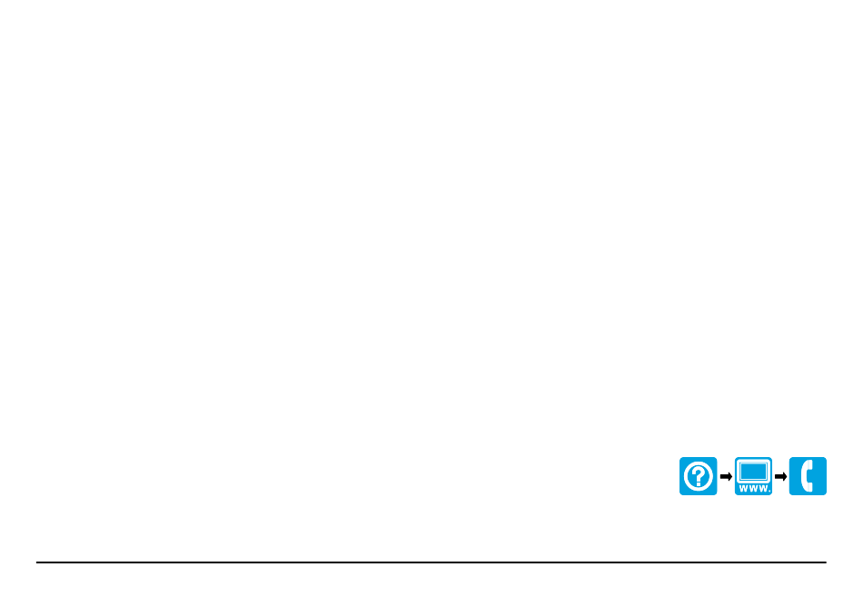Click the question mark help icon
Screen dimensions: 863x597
coord(698,476)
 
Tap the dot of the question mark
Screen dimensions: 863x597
coord(699,484)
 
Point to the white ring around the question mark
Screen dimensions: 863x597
coord(685,476)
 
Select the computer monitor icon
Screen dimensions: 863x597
coord(753,476)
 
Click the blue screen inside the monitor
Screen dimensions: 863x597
coord(753,472)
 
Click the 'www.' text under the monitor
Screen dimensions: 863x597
coord(755,489)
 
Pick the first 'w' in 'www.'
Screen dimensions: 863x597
coord(744,489)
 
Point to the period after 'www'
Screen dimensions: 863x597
coord(769,490)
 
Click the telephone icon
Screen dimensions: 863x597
coord(808,476)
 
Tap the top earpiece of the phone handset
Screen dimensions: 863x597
coord(809,465)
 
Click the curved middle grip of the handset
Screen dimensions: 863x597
coord(804,476)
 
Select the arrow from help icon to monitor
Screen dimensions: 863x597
coord(726,476)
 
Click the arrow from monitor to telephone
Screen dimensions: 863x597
coord(780,476)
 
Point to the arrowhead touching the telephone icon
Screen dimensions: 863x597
coord(784,476)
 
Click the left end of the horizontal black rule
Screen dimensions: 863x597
coord(36,562)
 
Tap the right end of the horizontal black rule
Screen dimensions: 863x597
coord(826,562)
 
